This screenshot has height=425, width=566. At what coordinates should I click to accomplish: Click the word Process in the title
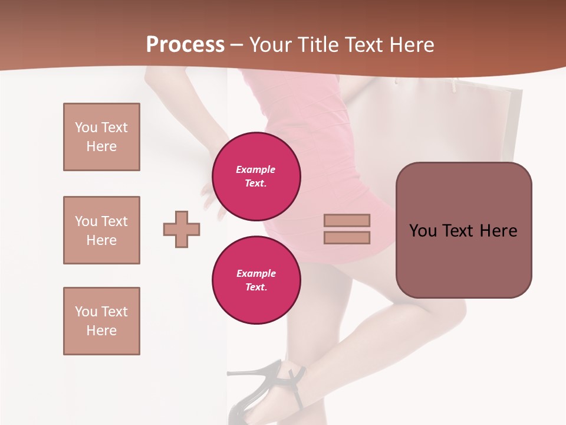185,45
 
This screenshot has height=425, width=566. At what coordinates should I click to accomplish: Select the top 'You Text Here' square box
101,137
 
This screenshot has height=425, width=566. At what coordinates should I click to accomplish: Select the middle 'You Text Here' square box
101,230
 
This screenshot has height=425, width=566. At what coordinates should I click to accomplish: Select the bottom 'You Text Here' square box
101,321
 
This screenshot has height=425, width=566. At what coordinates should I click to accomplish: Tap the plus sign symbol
182,229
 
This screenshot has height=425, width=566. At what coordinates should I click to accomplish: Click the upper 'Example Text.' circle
256,176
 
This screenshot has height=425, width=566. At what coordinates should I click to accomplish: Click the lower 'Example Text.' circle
256,280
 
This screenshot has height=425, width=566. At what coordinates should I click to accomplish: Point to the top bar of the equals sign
347,220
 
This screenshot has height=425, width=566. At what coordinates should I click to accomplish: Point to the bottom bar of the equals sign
347,237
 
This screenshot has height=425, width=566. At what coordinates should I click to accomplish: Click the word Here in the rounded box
498,230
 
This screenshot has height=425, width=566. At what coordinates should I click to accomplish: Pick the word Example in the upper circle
256,169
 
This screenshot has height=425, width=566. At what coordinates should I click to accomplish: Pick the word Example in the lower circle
256,273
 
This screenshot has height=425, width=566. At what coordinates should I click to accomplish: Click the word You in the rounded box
423,230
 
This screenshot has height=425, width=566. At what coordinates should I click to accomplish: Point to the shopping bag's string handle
454,86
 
